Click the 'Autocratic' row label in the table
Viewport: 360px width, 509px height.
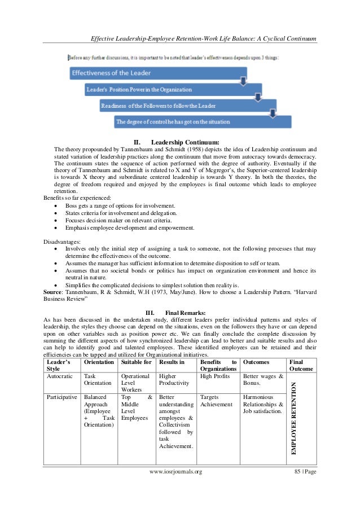coord(60,376)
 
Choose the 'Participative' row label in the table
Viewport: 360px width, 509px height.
coord(62,397)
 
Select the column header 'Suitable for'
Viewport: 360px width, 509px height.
coord(136,361)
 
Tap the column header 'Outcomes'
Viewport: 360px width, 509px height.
coord(256,361)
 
